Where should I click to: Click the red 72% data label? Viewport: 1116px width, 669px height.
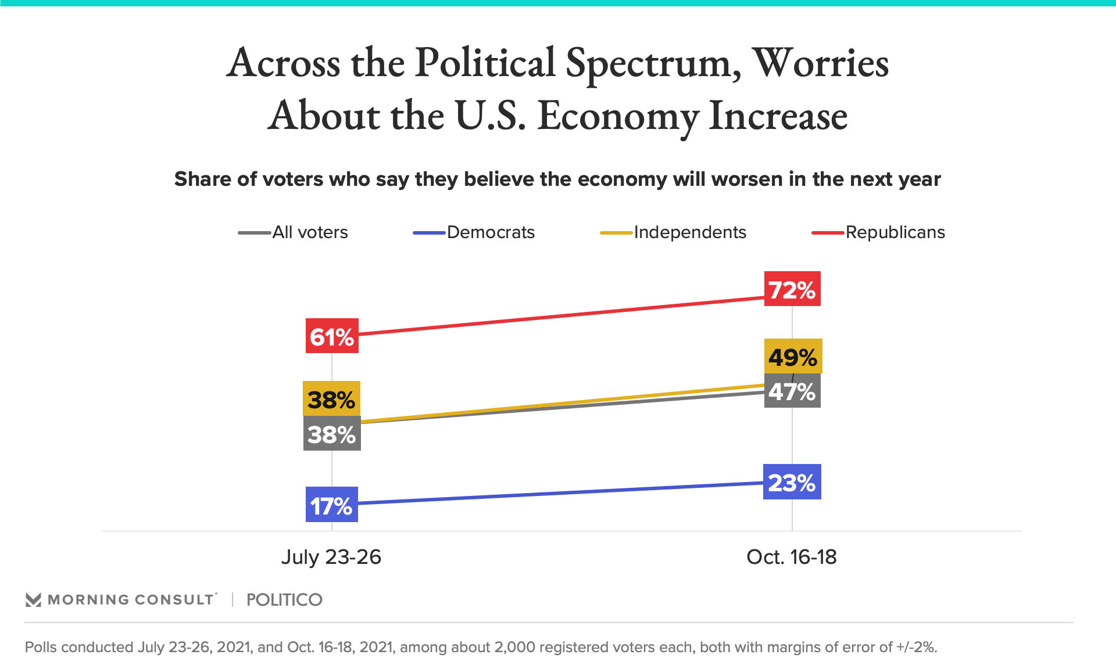pos(792,289)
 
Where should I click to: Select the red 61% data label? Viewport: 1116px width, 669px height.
pos(332,336)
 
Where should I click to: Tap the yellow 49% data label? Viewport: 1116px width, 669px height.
pos(793,357)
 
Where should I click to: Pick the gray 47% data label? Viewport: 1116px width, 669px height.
pos(792,391)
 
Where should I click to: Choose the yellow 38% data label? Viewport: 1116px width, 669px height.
pos(331,399)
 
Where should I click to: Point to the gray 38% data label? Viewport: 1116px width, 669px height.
pos(331,434)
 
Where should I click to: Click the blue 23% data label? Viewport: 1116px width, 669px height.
pos(792,482)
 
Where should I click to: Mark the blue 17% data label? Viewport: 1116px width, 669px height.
pos(331,505)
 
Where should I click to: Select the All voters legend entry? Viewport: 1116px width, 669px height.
pos(294,232)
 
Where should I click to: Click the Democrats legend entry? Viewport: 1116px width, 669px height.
pos(474,232)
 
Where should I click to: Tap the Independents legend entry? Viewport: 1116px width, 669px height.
pos(673,232)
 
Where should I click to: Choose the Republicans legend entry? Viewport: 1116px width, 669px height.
pos(878,232)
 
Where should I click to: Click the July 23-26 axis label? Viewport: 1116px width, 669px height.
pos(331,557)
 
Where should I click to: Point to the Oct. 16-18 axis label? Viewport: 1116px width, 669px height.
pos(791,557)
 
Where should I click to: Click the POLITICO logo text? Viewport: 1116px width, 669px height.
pos(284,600)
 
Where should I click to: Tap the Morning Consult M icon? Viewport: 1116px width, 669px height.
pos(33,600)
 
